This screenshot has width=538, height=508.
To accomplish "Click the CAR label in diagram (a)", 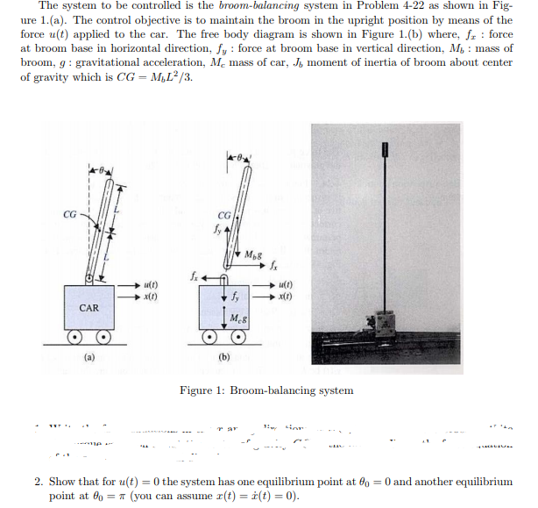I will (x=89, y=307).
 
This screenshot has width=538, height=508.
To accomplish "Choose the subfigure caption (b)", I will (x=224, y=357).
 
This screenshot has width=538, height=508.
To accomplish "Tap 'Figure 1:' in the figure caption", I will (x=202, y=390).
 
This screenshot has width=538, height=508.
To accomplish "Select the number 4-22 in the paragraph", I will (x=384, y=6).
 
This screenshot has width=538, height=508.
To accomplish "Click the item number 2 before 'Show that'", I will (x=39, y=482).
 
